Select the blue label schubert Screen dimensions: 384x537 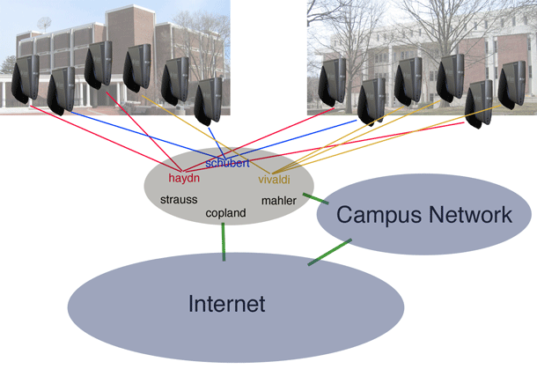pos(227,163)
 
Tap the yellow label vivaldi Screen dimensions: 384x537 pos(274,180)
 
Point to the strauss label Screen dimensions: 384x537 pos(179,200)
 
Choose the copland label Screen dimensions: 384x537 pos(225,213)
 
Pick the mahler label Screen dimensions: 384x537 pos(279,201)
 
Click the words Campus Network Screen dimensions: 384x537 pos(423,214)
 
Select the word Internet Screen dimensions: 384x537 pos(226,305)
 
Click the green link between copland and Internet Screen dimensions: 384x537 pos(224,240)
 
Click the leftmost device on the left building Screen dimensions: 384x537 pos(26,78)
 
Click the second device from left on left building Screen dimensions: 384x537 pos(61,90)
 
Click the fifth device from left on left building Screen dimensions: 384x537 pos(174,80)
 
